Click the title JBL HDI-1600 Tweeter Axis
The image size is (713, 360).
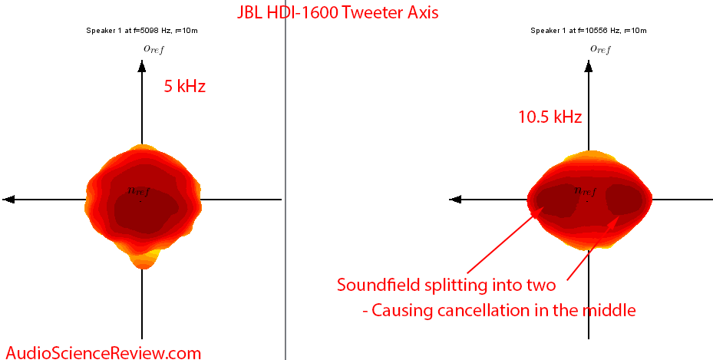pyautogui.click(x=338, y=12)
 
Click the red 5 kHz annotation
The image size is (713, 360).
pyautogui.click(x=185, y=87)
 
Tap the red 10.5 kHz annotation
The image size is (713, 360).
pyautogui.click(x=550, y=117)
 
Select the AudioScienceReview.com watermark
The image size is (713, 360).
pyautogui.click(x=103, y=352)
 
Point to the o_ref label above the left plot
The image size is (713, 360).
pyautogui.click(x=153, y=49)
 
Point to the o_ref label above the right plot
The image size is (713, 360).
pyautogui.click(x=600, y=49)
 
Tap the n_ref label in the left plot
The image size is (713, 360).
pyautogui.click(x=138, y=191)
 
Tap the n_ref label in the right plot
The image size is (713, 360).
pyautogui.click(x=586, y=191)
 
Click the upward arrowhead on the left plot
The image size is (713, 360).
pyautogui.click(x=142, y=67)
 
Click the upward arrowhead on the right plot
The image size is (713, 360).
pyautogui.click(x=589, y=67)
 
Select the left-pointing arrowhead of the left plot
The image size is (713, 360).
pyautogui.click(x=8, y=199)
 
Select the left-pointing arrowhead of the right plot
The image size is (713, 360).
pyautogui.click(x=455, y=199)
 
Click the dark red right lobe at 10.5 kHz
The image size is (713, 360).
pyautogui.click(x=623, y=200)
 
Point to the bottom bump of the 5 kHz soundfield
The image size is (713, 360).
pyautogui.click(x=143, y=259)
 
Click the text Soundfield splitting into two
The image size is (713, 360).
pyautogui.click(x=446, y=285)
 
